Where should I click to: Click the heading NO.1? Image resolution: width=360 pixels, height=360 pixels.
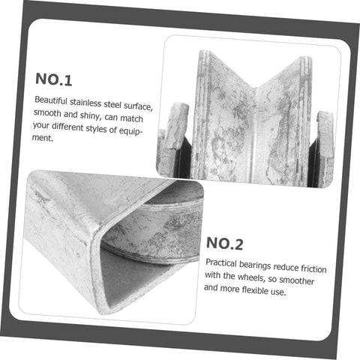pos(54,79)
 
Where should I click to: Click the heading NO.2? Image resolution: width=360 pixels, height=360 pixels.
pos(224,244)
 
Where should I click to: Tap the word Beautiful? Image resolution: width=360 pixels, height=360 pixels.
pos(51,100)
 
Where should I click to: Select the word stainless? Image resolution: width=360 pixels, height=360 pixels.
pos(85,103)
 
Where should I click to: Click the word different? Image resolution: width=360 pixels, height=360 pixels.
pos(67,127)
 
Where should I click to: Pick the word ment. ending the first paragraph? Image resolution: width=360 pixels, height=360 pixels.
pos(43,138)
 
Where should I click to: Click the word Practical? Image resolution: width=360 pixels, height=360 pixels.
pos(221,263)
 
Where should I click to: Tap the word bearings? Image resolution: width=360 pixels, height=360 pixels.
pos(255,265)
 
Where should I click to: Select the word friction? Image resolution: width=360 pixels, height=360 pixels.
pos(313,268)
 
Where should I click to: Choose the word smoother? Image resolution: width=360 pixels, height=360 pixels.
pos(296,280)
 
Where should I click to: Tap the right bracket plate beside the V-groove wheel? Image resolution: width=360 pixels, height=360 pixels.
pos(325,148)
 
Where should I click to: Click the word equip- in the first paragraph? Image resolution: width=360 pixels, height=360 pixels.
pos(130,131)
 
